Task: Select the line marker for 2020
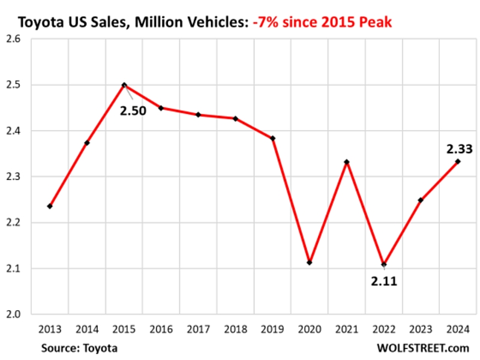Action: (x=310, y=263)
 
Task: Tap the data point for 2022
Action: (x=384, y=265)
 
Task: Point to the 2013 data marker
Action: (x=50, y=206)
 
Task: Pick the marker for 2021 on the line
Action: (x=347, y=162)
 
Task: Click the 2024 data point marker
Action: (x=458, y=161)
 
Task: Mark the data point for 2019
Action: (x=273, y=139)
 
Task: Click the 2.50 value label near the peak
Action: (x=133, y=110)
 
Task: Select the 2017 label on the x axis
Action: (x=198, y=329)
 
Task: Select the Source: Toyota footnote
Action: (x=79, y=348)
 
